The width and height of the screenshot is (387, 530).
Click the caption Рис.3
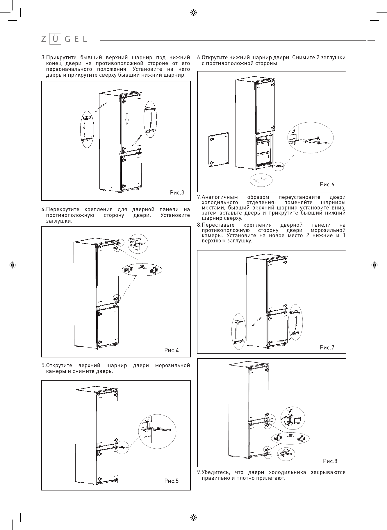(x=177, y=192)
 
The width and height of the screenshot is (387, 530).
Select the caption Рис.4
(x=171, y=350)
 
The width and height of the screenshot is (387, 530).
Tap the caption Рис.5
(x=171, y=481)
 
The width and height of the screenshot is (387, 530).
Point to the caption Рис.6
(x=327, y=184)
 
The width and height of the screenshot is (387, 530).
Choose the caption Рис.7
(x=327, y=347)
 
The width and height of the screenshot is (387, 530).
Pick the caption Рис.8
(x=330, y=461)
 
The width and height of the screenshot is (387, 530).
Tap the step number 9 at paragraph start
(x=199, y=472)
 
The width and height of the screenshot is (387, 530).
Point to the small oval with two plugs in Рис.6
(x=261, y=180)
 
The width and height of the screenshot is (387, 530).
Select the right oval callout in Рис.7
(x=295, y=322)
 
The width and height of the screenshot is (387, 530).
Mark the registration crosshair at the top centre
(x=193, y=12)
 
